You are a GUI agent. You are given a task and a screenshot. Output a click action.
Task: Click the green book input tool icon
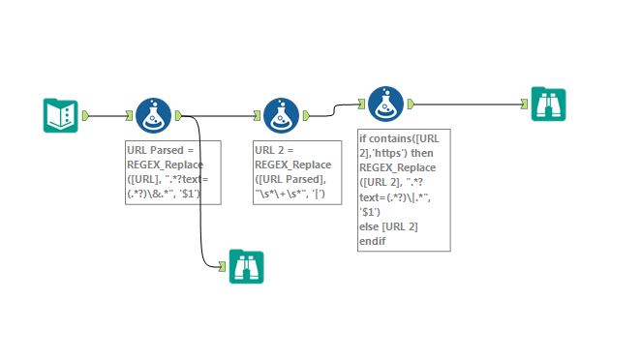[61, 115]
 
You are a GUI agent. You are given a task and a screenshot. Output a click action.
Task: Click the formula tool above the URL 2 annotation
[280, 115]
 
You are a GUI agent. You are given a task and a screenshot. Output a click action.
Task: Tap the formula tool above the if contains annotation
[384, 104]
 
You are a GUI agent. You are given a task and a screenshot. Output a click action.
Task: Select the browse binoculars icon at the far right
[548, 104]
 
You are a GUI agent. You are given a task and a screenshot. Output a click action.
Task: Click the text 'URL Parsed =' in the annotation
[160, 151]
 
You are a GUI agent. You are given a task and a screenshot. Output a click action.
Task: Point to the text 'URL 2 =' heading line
[276, 151]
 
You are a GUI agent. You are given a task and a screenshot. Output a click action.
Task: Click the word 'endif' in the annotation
[374, 239]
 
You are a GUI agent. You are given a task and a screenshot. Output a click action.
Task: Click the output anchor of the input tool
[86, 116]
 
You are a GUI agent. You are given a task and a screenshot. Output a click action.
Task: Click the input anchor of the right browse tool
[524, 104]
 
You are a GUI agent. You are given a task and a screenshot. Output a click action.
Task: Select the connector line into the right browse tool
[465, 104]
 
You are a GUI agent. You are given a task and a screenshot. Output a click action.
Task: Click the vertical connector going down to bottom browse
[201, 194]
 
